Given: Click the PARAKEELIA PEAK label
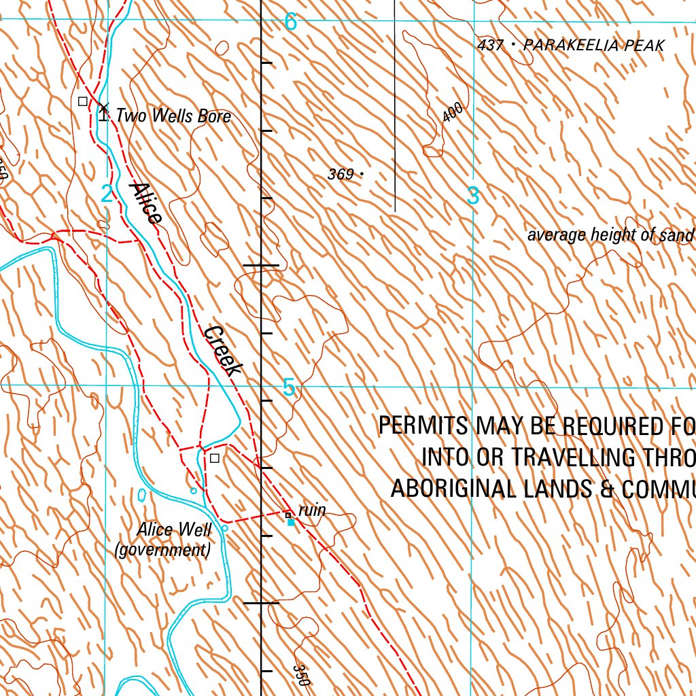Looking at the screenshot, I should (594, 46).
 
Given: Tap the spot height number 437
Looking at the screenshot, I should (491, 46).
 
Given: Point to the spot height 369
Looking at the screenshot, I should (341, 175).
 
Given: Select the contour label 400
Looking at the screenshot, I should (453, 112).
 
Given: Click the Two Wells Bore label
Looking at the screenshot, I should (173, 116).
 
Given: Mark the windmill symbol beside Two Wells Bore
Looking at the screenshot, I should (103, 111).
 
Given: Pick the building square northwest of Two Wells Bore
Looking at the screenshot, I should (83, 101).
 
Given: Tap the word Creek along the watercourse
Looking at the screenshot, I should (224, 351).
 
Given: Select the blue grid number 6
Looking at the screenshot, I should (290, 22).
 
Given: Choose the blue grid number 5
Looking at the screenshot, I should (289, 388).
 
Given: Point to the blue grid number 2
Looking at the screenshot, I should (107, 194).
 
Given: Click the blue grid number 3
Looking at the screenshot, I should (473, 196).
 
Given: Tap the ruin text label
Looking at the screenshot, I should (312, 510).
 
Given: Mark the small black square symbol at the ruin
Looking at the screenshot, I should (288, 515).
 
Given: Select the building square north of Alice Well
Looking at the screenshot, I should (215, 458).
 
